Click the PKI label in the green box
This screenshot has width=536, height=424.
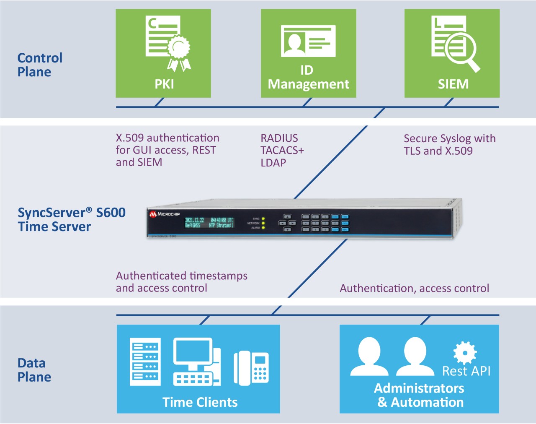(164, 84)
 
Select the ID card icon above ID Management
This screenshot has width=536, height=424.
(308, 41)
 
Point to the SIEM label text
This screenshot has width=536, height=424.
(453, 84)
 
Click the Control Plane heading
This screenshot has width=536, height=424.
(40, 65)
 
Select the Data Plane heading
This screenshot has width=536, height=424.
(34, 370)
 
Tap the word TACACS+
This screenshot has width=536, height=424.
(282, 150)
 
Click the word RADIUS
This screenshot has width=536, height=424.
(279, 138)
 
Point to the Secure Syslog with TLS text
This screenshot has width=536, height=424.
(449, 144)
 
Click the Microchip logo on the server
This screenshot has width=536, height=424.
(165, 214)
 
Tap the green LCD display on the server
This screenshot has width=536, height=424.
(209, 222)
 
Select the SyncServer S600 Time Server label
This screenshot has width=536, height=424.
(71, 219)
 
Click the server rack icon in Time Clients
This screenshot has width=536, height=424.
(145, 362)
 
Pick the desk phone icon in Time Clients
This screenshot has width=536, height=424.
(251, 368)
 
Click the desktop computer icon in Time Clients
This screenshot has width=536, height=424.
(196, 362)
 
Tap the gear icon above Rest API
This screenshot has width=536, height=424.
(465, 352)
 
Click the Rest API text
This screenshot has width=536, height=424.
(466, 371)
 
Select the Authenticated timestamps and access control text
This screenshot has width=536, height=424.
(181, 282)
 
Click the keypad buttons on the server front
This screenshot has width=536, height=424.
(325, 223)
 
